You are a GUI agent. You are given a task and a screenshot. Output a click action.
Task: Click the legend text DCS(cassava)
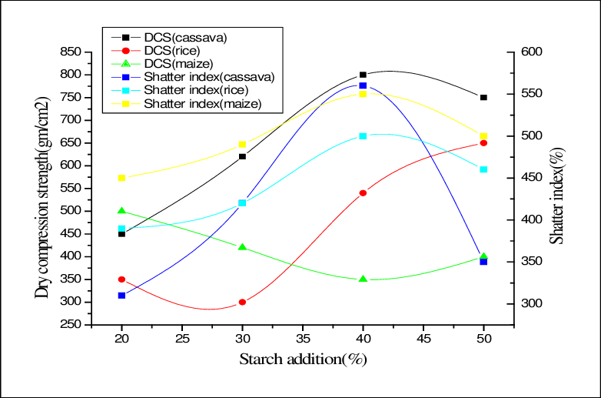click(x=185, y=37)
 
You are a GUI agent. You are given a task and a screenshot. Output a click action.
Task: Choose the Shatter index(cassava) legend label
click(x=209, y=77)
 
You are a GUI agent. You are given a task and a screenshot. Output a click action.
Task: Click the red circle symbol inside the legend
click(x=125, y=50)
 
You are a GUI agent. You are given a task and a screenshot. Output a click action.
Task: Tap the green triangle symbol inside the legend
click(x=125, y=63)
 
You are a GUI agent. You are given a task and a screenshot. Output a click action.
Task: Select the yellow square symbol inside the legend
click(x=125, y=103)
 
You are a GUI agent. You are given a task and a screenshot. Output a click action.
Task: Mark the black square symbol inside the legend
click(x=125, y=37)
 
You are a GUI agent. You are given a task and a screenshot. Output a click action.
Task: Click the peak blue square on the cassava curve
click(x=363, y=86)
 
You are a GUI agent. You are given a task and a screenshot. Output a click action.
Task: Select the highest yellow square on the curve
click(x=363, y=94)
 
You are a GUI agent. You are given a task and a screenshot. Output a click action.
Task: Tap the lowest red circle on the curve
click(x=242, y=303)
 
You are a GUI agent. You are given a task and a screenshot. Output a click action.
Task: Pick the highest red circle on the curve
click(x=483, y=143)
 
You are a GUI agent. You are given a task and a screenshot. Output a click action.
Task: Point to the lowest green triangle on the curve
click(x=363, y=279)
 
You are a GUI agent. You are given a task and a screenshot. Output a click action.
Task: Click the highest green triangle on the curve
click(x=121, y=210)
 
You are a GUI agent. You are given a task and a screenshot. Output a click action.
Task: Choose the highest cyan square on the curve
click(x=363, y=136)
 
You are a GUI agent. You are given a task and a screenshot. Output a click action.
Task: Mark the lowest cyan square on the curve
click(x=121, y=229)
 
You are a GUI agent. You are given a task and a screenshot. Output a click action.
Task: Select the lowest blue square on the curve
click(x=121, y=296)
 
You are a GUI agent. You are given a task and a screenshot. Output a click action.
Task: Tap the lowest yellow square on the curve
click(x=121, y=179)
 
